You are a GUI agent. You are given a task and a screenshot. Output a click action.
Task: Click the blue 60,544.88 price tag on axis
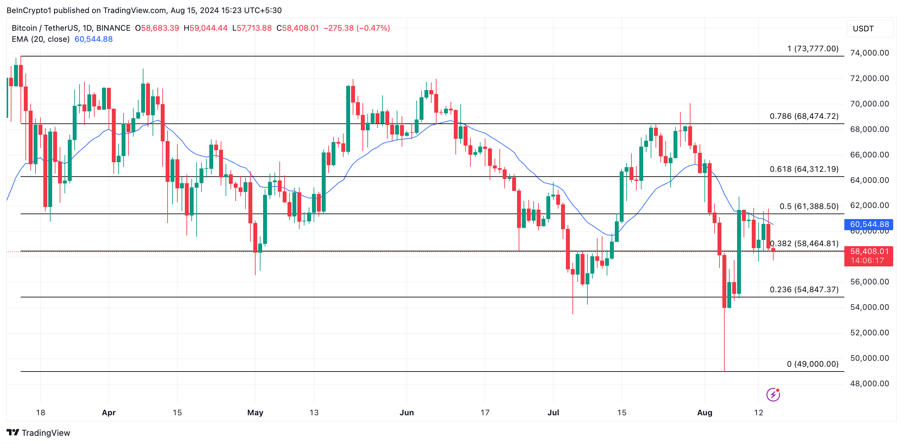click(869, 224)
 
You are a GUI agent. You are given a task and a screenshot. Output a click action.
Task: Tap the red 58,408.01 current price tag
click(869, 252)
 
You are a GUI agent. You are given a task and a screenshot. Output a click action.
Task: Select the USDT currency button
click(870, 29)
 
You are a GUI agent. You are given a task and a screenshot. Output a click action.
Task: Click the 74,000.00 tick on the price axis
click(869, 53)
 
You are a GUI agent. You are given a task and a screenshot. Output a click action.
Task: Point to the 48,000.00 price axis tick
click(869, 384)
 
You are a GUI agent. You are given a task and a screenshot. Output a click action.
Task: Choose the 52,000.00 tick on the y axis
click(869, 333)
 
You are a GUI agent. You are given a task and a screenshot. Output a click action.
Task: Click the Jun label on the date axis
click(407, 413)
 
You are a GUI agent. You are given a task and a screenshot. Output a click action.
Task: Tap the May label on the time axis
click(255, 413)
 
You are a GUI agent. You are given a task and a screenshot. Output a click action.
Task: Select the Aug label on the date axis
click(704, 413)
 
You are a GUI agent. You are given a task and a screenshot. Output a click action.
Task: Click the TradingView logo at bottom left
click(38, 433)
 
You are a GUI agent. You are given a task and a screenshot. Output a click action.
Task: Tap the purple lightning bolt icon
click(773, 394)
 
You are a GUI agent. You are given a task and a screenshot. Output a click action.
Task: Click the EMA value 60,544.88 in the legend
click(94, 39)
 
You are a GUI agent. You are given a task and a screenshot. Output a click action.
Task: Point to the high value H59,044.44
click(206, 28)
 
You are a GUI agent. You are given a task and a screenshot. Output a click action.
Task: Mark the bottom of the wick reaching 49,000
click(724, 370)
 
